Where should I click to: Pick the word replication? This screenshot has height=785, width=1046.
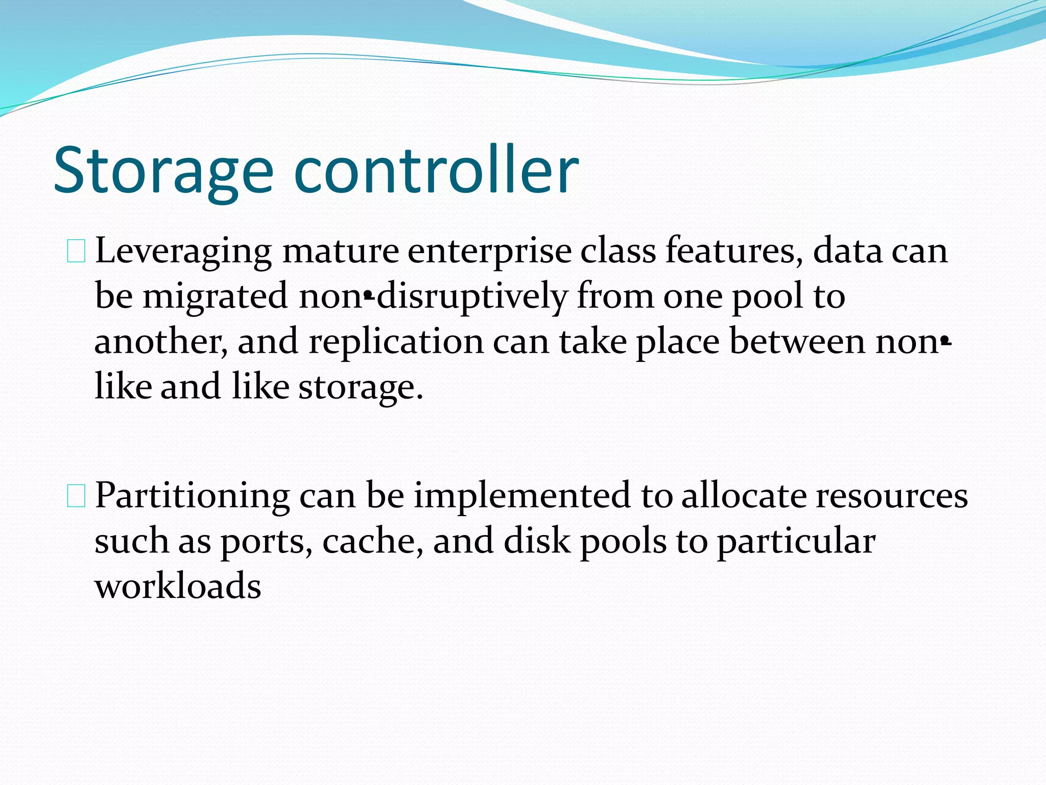click(396, 341)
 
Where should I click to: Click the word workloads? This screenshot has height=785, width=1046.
click(178, 586)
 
